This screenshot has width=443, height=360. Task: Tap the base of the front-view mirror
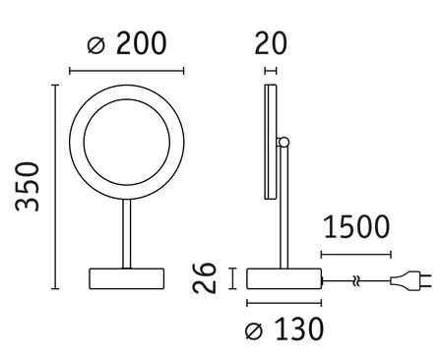pos(125,278)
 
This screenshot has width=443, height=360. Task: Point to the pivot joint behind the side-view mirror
pos(285,146)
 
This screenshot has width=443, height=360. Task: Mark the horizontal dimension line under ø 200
pos(126,72)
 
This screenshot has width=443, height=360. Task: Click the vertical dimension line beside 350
pos(54,187)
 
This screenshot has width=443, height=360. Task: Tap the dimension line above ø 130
pos(285,302)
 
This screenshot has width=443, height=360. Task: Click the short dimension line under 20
pos(271,71)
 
